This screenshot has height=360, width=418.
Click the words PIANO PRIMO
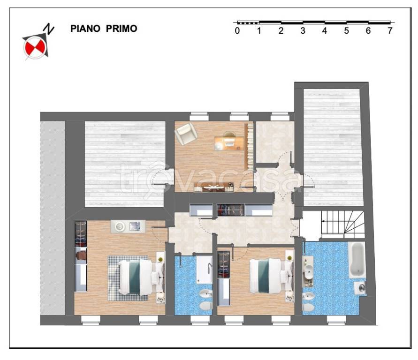click(104, 29)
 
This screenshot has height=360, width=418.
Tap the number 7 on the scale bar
click(390, 31)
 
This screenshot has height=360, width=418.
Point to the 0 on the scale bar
click(237, 31)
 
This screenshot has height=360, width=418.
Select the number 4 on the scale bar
click(325, 31)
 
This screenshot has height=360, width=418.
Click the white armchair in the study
click(186, 134)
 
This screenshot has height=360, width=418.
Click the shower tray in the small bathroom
click(205, 270)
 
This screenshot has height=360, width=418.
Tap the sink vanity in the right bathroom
click(308, 271)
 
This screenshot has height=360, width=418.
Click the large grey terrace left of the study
click(125, 164)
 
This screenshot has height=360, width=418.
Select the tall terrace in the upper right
click(333, 147)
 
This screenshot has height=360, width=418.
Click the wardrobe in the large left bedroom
click(81, 256)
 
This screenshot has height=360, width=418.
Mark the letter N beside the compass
click(49, 29)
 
